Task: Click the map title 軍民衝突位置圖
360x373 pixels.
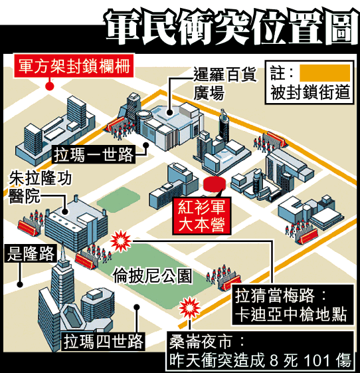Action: pyautogui.click(x=232, y=27)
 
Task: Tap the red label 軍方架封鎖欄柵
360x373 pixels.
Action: pyautogui.click(x=74, y=66)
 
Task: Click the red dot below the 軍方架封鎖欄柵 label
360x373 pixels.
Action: pyautogui.click(x=49, y=86)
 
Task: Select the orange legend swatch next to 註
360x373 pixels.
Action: pyautogui.click(x=325, y=73)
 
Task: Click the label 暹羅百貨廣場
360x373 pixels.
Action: pyautogui.click(x=225, y=83)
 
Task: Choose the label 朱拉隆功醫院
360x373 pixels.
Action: pyautogui.click(x=40, y=187)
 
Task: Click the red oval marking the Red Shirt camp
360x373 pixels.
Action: pyautogui.click(x=214, y=184)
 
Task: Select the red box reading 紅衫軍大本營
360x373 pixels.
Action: pyautogui.click(x=201, y=216)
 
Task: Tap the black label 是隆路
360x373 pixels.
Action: pyautogui.click(x=31, y=253)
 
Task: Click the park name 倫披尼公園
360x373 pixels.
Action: pyautogui.click(x=152, y=276)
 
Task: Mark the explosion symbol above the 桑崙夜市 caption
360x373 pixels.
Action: pyautogui.click(x=189, y=308)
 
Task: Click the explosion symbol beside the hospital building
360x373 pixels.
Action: pyautogui.click(x=121, y=241)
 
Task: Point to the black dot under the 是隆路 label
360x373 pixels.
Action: pyautogui.click(x=20, y=284)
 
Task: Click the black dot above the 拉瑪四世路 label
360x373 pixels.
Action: pyautogui.click(x=137, y=307)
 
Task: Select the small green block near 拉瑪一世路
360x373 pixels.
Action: pyautogui.click(x=118, y=200)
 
